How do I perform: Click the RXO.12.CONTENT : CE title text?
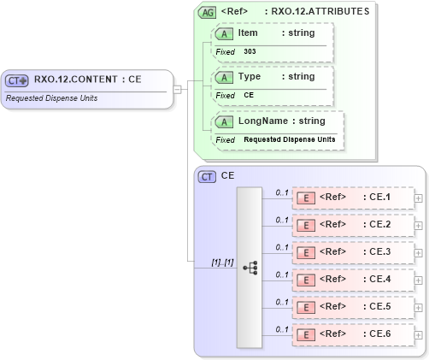87,80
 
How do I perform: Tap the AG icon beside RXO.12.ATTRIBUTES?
207,12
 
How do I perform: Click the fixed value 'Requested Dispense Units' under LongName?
289,139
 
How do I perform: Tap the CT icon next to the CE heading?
207,176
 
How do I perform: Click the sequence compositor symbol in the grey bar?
250,268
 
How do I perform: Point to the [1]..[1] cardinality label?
223,262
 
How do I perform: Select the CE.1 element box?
352,198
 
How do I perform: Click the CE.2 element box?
352,225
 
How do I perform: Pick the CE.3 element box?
352,252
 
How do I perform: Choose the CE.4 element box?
352,280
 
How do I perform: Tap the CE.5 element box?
352,307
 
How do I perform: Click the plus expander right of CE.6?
418,334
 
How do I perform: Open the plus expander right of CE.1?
418,198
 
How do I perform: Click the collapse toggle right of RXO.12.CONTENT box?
178,88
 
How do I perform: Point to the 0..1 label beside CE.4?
281,274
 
